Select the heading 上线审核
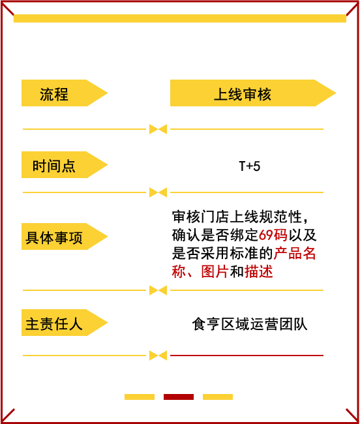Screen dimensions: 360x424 [243, 95]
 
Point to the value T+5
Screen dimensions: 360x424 [250, 166]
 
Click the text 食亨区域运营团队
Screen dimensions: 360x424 [250, 324]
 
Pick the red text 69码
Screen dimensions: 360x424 [273, 235]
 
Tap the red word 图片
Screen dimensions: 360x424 [215, 271]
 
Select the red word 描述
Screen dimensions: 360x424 [259, 271]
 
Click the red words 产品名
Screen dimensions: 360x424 [295, 253]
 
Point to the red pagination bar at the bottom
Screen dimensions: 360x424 [179, 397]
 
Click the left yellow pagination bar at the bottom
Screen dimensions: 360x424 [140, 397]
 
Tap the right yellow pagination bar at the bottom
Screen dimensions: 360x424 [218, 397]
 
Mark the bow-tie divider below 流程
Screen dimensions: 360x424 [158, 129]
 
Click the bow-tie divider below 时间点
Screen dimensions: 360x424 [158, 192]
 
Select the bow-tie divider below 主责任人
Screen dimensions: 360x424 [158, 356]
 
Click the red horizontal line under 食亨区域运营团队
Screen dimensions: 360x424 [247, 356]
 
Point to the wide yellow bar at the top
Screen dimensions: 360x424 [180, 18]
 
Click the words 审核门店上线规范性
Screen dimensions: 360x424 [237, 217]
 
